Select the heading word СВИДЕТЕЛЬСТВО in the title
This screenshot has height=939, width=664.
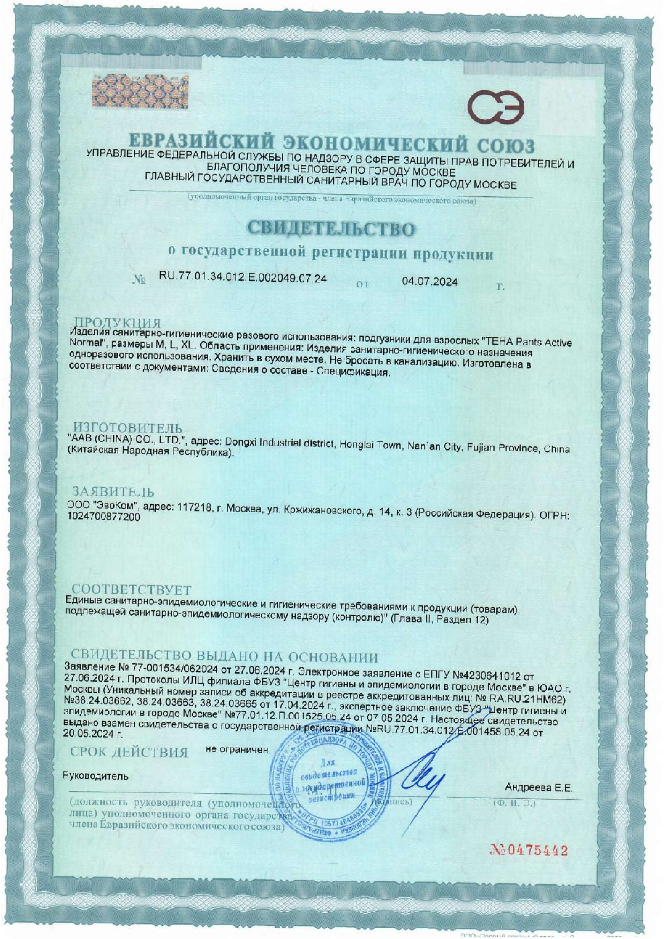(331, 230)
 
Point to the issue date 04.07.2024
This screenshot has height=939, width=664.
(429, 282)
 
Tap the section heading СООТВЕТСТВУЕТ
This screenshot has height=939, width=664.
(131, 590)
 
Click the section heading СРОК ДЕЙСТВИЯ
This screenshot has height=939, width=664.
(129, 752)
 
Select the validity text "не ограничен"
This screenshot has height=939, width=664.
(237, 749)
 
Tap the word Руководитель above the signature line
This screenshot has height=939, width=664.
(95, 776)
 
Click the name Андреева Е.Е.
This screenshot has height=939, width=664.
(539, 787)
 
